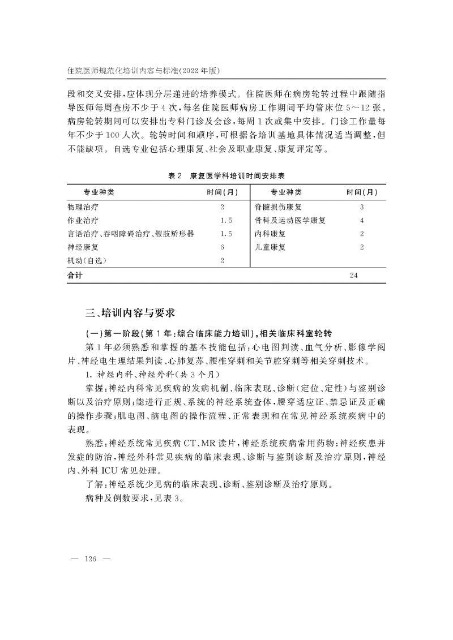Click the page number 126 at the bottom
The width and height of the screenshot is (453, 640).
pyautogui.click(x=91, y=559)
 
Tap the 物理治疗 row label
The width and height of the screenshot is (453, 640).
pyautogui.click(x=82, y=207)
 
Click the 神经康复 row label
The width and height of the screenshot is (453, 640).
pyautogui.click(x=82, y=247)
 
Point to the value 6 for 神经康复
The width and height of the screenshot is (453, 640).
pyautogui.click(x=223, y=247)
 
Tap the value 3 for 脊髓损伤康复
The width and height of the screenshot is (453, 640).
pyautogui.click(x=361, y=207)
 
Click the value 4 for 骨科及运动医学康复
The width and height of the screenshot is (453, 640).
pyautogui.click(x=361, y=220)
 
